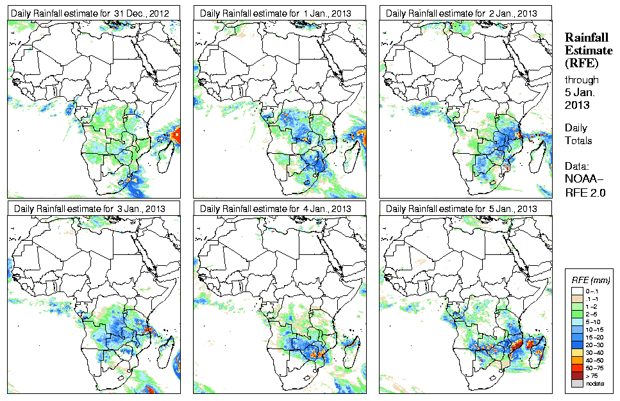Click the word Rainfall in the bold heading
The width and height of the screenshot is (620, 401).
tap(586, 38)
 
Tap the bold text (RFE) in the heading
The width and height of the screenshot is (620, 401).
tap(581, 63)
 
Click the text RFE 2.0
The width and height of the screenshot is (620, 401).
tap(585, 190)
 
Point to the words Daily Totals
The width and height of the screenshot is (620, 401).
tap(578, 134)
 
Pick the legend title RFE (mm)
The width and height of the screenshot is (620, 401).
tap(591, 280)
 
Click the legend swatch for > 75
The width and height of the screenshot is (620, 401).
tap(576, 375)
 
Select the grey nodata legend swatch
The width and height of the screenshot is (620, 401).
tap(576, 383)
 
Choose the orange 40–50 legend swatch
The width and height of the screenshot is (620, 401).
tap(576, 359)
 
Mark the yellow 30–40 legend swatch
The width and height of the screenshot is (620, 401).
tap(576, 352)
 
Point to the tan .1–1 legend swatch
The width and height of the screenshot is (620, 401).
tap(576, 298)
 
